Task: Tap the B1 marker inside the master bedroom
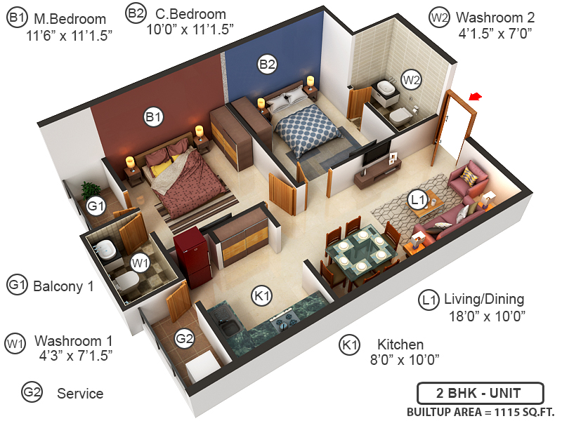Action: tap(153, 116)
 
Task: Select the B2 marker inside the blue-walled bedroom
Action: tap(267, 65)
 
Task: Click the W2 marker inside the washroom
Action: tap(411, 79)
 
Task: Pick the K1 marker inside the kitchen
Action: tap(263, 296)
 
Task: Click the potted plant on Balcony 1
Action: tap(89, 189)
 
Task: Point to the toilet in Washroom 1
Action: tap(127, 283)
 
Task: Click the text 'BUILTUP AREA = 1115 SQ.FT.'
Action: tap(481, 411)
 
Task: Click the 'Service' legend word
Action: tap(80, 394)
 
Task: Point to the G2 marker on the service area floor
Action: tap(184, 339)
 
